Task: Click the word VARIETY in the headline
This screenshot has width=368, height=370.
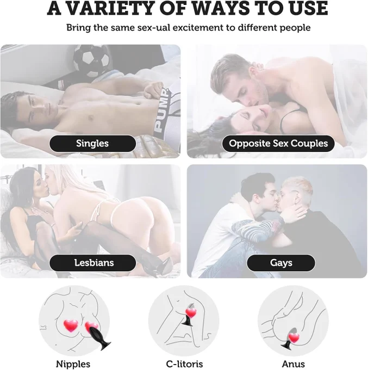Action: pyautogui.click(x=111, y=8)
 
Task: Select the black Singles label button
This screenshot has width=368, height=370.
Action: pyautogui.click(x=92, y=144)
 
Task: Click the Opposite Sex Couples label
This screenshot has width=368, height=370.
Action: pyautogui.click(x=278, y=144)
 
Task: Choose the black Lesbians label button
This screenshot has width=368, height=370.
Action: pyautogui.click(x=92, y=263)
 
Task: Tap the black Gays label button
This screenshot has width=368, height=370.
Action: pyautogui.click(x=281, y=263)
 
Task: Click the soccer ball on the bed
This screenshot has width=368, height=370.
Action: pyautogui.click(x=91, y=60)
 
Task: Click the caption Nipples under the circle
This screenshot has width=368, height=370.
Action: pyautogui.click(x=73, y=364)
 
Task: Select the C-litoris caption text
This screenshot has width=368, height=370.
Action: pyautogui.click(x=184, y=364)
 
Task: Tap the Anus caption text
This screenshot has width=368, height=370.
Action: pyautogui.click(x=294, y=364)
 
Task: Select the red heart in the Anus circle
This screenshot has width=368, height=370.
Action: pyautogui.click(x=294, y=338)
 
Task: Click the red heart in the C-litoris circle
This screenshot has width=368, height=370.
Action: pyautogui.click(x=191, y=313)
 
